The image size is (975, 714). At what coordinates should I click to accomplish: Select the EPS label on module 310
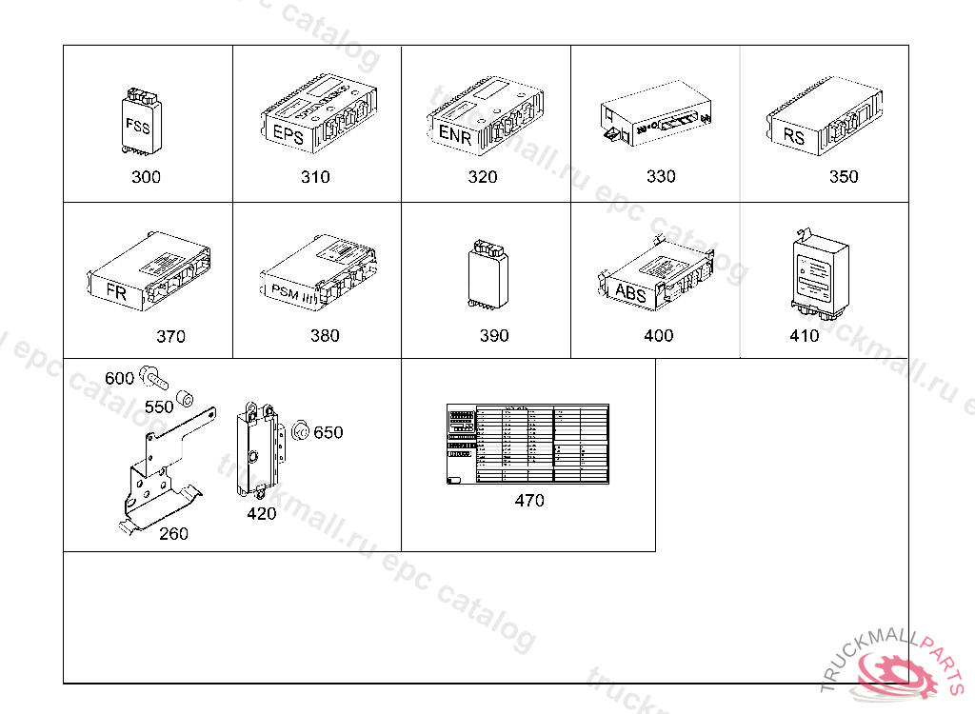click(x=288, y=135)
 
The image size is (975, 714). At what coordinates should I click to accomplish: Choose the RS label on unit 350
click(x=794, y=137)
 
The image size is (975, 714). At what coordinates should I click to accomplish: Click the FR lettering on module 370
click(x=116, y=293)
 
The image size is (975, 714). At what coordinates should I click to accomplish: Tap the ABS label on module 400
click(x=630, y=292)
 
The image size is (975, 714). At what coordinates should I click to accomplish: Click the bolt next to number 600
click(x=152, y=376)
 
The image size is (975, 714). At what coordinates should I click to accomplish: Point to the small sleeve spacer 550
click(x=187, y=395)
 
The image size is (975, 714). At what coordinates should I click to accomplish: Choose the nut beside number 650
click(x=299, y=430)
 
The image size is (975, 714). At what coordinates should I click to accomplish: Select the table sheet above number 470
click(x=527, y=444)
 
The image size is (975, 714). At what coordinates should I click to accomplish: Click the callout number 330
click(x=661, y=176)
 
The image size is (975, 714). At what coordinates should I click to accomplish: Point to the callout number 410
click(x=805, y=335)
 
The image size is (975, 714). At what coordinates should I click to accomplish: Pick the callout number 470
click(x=529, y=500)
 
